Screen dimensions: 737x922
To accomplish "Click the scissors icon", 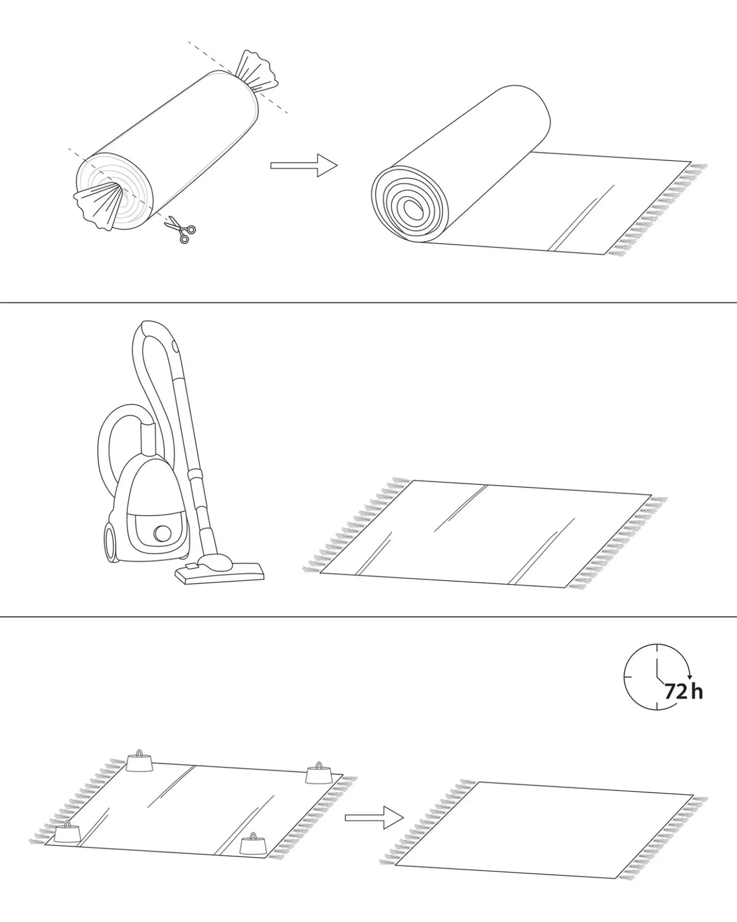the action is click(179, 229).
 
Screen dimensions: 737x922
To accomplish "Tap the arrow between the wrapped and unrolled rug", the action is click(304, 165).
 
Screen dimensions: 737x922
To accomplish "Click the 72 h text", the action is click(683, 692).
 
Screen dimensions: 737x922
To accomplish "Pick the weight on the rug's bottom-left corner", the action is click(67, 832).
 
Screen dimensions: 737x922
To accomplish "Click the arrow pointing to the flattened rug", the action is click(374, 818).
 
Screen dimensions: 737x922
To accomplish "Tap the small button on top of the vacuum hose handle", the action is click(175, 346).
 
